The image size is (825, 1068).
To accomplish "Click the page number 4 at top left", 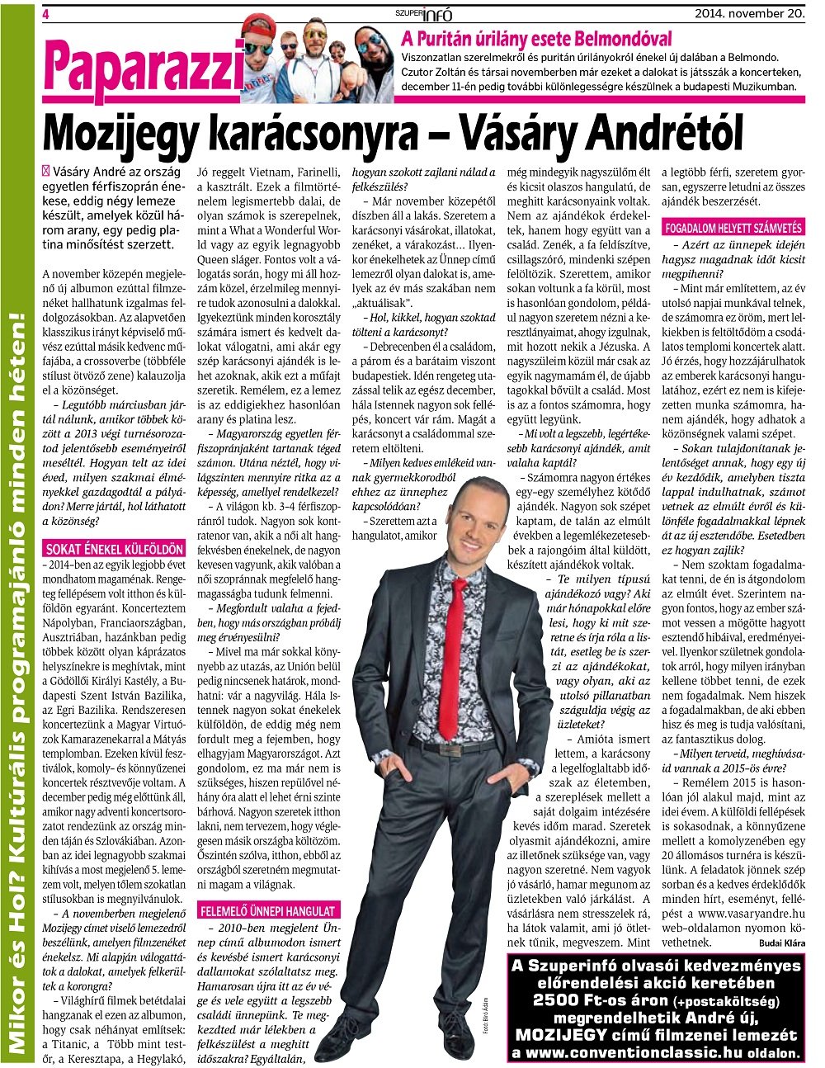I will click(46, 13).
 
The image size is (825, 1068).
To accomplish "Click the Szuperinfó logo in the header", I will click(424, 13).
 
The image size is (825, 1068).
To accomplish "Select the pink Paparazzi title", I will click(144, 67).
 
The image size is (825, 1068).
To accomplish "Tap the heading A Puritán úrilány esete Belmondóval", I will click(535, 39).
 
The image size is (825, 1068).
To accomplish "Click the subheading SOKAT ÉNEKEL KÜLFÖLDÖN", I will click(102, 549).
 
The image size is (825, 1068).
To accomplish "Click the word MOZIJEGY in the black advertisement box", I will click(562, 1035).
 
